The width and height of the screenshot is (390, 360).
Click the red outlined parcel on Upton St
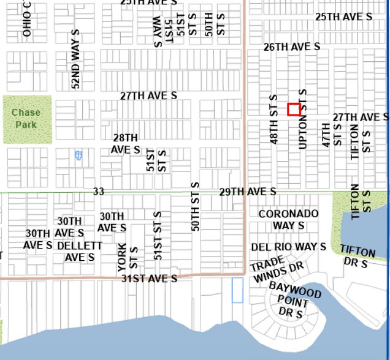294,110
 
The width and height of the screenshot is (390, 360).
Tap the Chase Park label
26,119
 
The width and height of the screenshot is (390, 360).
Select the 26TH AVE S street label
292,47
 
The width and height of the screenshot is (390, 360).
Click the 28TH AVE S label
125,144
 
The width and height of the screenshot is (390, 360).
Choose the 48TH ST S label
274,119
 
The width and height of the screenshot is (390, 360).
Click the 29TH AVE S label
248,192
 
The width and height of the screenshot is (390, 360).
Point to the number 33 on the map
98,192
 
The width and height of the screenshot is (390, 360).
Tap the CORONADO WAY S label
288,219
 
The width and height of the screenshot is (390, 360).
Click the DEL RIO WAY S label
288,247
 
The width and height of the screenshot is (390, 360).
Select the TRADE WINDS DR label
276,270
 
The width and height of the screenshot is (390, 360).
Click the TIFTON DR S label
357,257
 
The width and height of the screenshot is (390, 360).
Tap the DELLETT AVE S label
80,251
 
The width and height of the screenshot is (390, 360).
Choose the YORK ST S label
128,257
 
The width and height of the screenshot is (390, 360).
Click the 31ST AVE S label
149,279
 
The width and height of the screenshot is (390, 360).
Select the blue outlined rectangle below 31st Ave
237,290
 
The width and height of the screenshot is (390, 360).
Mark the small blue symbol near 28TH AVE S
78,156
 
